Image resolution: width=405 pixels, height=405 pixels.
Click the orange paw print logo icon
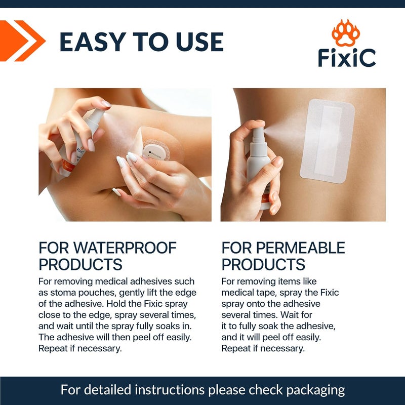(346, 33)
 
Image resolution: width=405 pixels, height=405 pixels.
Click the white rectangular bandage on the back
(327, 141)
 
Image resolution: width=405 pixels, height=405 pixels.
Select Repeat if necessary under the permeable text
(263, 348)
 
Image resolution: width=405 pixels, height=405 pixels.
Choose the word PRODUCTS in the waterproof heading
(80, 264)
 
